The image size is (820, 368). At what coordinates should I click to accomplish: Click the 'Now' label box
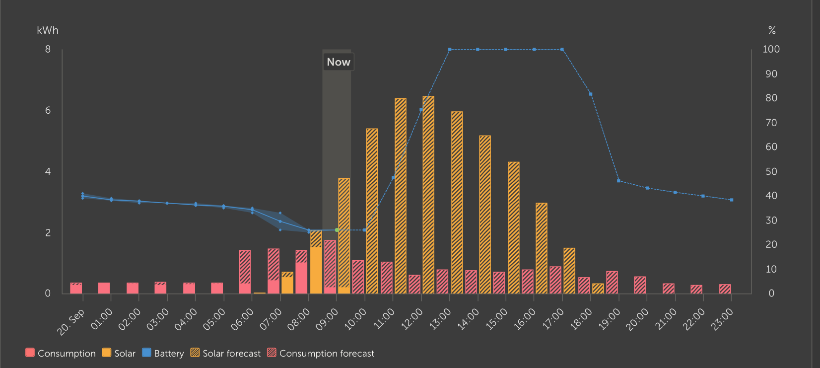click(x=339, y=62)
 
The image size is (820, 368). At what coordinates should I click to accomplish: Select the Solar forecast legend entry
click(x=226, y=353)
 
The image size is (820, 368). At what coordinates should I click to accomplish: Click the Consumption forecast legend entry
click(x=321, y=353)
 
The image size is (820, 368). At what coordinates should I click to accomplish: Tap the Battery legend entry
click(x=163, y=353)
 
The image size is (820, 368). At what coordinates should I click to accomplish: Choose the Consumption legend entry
click(x=61, y=353)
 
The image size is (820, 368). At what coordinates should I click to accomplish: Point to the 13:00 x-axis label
click(x=441, y=319)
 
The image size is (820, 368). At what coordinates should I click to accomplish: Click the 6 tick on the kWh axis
click(x=48, y=110)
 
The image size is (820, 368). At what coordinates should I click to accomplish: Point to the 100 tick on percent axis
click(x=771, y=49)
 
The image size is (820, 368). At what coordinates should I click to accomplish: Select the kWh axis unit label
click(x=48, y=30)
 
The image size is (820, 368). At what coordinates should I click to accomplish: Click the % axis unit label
click(x=772, y=30)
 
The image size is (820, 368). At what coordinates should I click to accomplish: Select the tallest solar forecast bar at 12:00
click(x=428, y=194)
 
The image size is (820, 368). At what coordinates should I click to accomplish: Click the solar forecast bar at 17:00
click(x=569, y=271)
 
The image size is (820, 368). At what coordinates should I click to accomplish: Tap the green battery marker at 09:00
click(x=337, y=230)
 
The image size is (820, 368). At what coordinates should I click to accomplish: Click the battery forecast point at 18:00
click(x=591, y=94)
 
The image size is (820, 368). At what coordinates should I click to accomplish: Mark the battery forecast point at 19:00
click(x=618, y=181)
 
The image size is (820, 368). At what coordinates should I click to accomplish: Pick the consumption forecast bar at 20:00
click(x=640, y=285)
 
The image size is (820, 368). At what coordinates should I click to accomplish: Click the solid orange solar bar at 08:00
click(x=316, y=271)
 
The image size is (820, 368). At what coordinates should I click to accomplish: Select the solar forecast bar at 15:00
click(x=513, y=227)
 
